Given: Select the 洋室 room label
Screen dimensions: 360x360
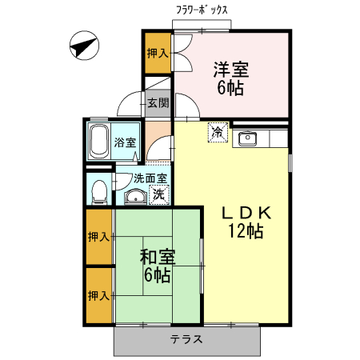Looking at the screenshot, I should [x=230, y=69].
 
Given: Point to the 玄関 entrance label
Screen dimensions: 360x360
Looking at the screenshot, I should [x=158, y=102].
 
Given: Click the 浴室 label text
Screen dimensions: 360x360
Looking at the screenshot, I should [x=125, y=143].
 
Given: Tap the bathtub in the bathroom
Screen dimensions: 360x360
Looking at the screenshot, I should [x=98, y=141].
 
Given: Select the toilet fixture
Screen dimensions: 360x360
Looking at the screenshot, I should [x=98, y=191].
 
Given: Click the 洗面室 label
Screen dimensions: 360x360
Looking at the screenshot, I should [x=128, y=179].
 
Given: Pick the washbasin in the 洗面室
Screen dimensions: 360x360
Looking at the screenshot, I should [x=134, y=197].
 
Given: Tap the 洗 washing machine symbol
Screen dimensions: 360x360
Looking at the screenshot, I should [x=158, y=194].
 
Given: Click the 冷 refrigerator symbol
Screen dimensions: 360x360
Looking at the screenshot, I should [x=218, y=133].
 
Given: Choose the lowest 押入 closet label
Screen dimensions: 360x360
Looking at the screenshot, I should [x=98, y=295].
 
